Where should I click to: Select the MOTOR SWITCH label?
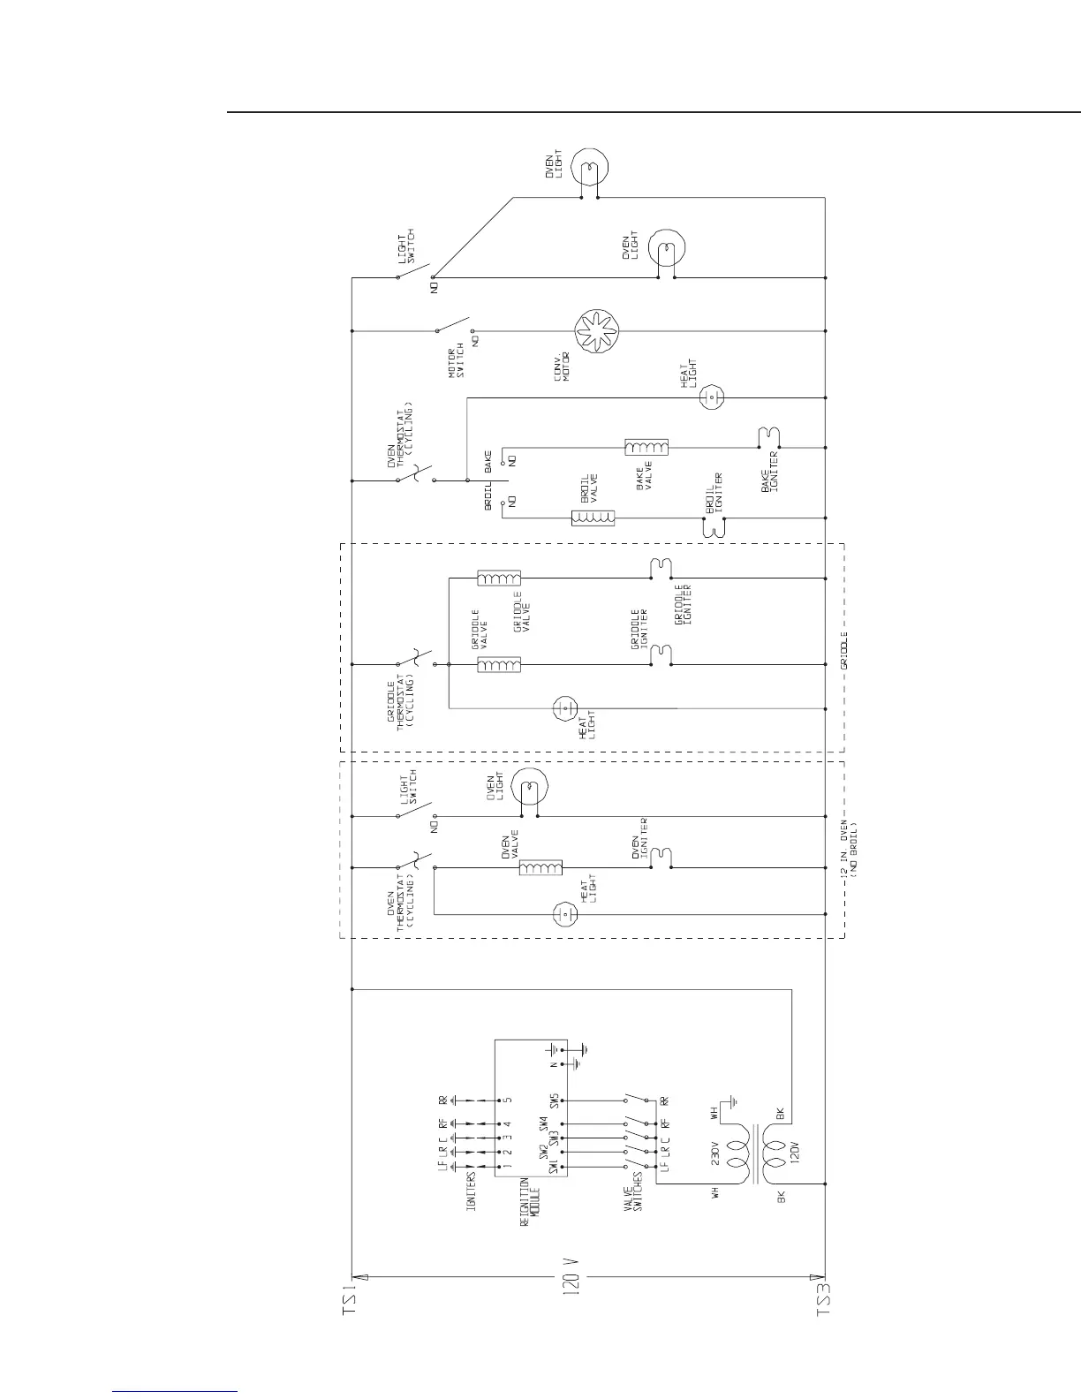click(456, 359)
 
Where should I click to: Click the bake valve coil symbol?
click(646, 447)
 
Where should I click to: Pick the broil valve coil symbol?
click(593, 518)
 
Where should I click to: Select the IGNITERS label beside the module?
click(472, 1189)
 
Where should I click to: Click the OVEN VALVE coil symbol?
click(540, 868)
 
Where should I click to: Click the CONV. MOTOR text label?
click(561, 366)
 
